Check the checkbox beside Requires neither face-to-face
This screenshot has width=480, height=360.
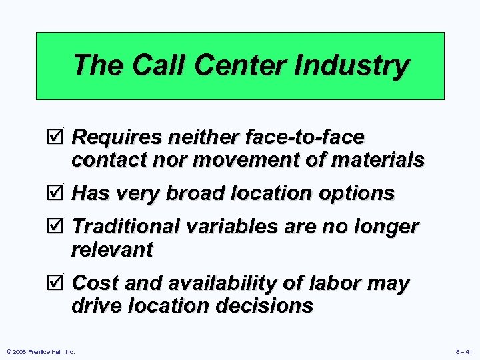[58, 138]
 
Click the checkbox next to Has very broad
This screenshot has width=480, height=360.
[58, 194]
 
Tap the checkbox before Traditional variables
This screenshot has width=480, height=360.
[58, 227]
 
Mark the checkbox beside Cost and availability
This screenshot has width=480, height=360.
[58, 283]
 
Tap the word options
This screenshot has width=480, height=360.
[357, 194]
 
